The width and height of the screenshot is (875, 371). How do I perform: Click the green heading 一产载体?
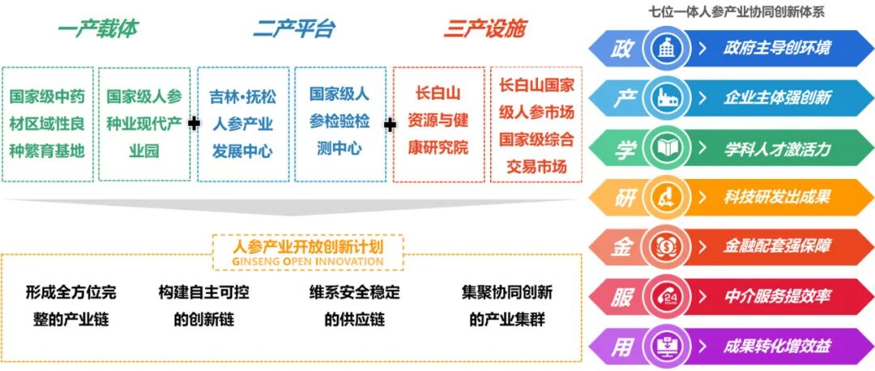98,29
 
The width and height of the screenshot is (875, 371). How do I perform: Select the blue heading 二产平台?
293,29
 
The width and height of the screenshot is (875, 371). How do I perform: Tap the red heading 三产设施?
484,29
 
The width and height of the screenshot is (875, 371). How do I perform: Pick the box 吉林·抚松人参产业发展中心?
242,124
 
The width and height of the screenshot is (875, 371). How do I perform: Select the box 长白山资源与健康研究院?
438,123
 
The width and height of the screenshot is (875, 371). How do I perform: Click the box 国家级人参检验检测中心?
339,122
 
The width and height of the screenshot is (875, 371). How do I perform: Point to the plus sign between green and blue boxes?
194,124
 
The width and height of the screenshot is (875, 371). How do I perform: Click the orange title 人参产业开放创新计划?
308,245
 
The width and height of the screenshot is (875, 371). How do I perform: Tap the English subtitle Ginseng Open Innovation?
308,262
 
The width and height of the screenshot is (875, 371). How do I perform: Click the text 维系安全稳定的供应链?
354,306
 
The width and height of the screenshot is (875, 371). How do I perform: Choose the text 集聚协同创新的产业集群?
507,306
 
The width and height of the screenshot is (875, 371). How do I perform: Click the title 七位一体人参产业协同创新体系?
737,11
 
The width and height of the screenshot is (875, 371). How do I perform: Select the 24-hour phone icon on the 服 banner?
665,297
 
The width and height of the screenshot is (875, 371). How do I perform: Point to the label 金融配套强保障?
777,247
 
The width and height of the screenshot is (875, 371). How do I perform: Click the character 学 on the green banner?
623,148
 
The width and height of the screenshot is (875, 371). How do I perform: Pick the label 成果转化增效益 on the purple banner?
777,347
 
